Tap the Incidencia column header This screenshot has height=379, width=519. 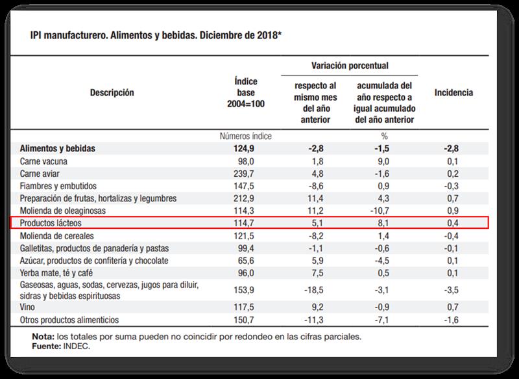(x=453, y=93)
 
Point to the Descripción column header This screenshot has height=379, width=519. (x=112, y=93)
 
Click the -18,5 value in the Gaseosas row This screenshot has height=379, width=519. (x=314, y=291)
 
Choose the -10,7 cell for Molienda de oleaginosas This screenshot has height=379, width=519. (x=381, y=211)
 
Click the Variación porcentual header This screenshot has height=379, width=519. (x=350, y=66)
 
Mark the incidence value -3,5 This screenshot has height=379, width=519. (x=453, y=291)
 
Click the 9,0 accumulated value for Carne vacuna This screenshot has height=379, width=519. (x=383, y=161)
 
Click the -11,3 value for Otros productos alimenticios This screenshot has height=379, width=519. (x=314, y=320)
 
